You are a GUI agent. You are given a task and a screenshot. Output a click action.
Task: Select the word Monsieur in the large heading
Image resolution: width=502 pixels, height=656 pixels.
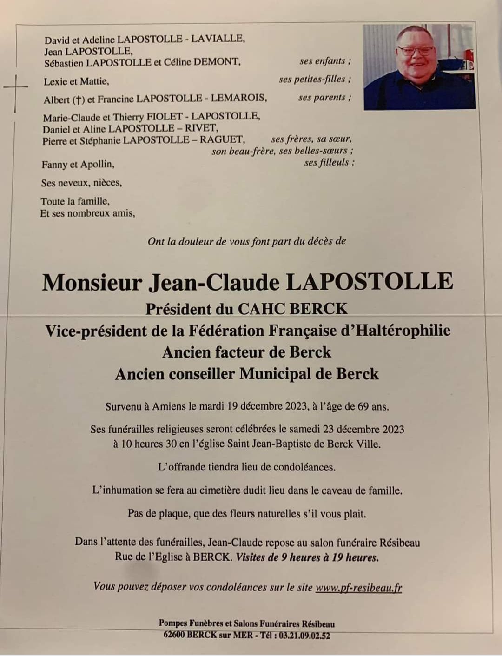pyautogui.click(x=92, y=282)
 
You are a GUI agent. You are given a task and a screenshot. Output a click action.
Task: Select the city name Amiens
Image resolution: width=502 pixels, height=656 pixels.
pyautogui.click(x=169, y=406)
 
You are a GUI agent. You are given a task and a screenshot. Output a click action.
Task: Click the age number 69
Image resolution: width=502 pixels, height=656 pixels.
pyautogui.click(x=363, y=406)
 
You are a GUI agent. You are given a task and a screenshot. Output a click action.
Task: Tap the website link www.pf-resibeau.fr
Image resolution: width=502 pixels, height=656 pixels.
pyautogui.click(x=358, y=588)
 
